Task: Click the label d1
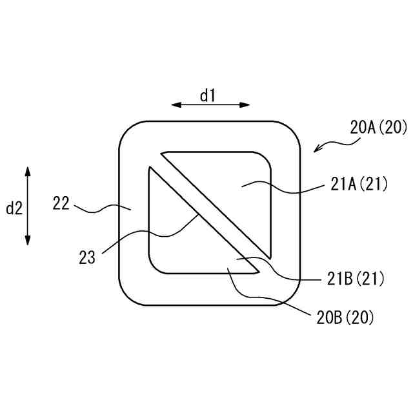[x=207, y=96]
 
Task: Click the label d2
[x=14, y=208]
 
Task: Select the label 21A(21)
[x=359, y=185]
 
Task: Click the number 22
[x=61, y=204]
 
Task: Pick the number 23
[x=88, y=258]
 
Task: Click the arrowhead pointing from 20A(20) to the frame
[x=316, y=150]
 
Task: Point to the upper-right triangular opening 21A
[x=232, y=187]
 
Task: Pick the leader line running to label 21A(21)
[x=284, y=189]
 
